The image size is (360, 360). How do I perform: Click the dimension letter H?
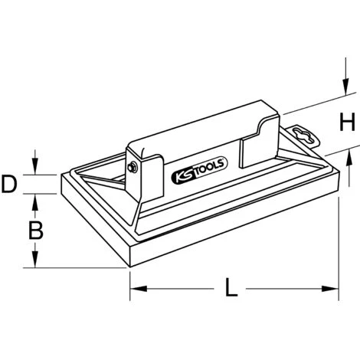point(347,122)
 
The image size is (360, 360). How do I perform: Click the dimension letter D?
point(9,184)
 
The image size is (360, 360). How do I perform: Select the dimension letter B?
point(36,231)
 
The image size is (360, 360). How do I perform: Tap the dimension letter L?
point(231,287)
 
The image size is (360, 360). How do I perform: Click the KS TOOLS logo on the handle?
point(199,171)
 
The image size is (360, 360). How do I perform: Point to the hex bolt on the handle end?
point(133,168)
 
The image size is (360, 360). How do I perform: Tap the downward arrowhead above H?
point(345,87)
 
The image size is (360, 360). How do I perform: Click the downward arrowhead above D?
point(35,166)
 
